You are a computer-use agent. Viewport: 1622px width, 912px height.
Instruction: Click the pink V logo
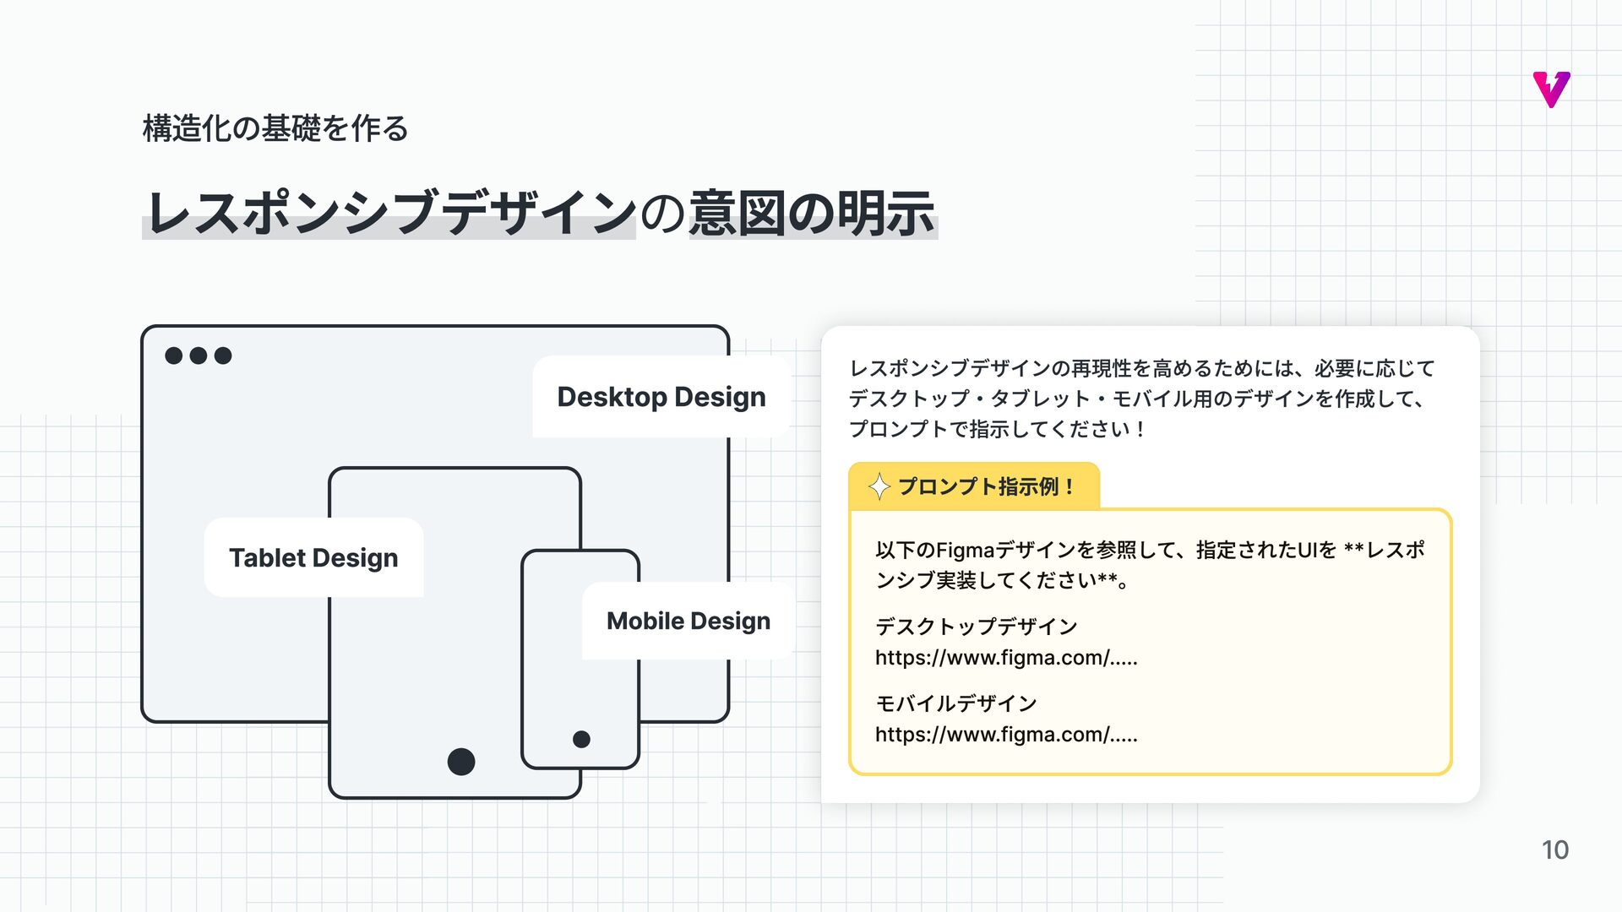click(1551, 90)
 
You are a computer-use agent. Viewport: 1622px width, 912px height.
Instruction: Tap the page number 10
click(1554, 850)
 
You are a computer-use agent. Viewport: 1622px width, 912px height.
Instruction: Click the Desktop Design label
click(661, 397)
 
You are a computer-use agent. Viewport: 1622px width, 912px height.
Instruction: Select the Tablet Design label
click(313, 558)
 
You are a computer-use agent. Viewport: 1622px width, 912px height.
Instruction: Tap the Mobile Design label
click(688, 622)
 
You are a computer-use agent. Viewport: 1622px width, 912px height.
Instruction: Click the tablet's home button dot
click(461, 762)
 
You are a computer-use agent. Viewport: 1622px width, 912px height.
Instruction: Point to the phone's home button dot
click(581, 740)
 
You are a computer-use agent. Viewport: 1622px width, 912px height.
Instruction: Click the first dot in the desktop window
click(174, 356)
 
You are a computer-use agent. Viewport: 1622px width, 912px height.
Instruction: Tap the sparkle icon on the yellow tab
click(879, 486)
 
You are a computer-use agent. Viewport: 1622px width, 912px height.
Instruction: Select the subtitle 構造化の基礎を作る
click(275, 128)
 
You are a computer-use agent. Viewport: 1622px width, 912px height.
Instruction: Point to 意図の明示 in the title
click(812, 213)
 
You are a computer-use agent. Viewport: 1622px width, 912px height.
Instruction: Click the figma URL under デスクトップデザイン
click(1006, 658)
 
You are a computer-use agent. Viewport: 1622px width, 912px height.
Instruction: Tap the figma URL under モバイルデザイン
click(1006, 735)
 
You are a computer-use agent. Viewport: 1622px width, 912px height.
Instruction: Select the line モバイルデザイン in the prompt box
click(955, 703)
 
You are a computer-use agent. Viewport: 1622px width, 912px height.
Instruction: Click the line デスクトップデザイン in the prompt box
click(976, 627)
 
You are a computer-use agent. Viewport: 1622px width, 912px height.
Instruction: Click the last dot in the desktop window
click(223, 356)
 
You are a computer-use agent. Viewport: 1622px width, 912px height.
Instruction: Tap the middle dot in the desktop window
click(199, 356)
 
